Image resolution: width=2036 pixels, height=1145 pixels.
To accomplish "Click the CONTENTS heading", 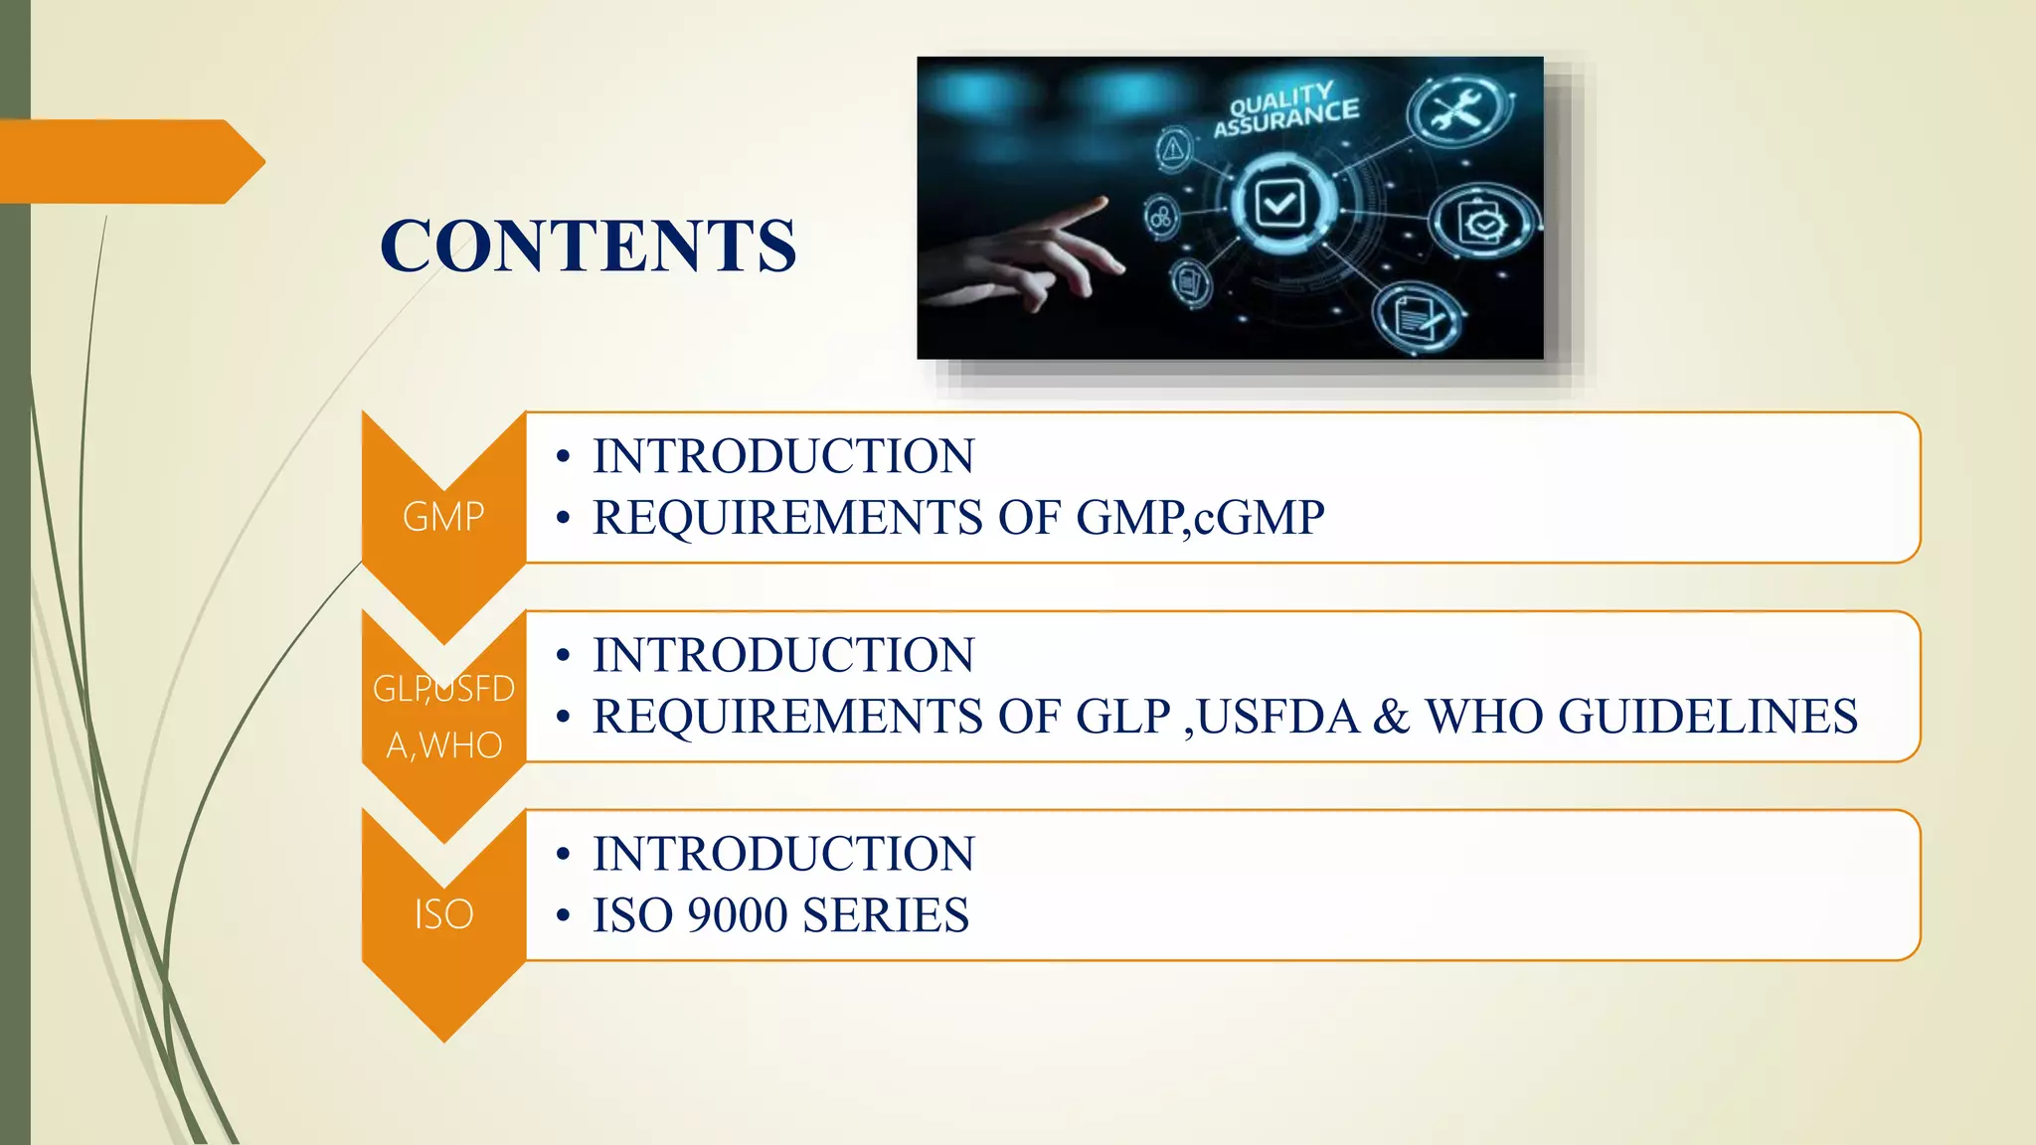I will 588,245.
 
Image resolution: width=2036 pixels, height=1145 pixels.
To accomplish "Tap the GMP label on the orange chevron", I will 443,517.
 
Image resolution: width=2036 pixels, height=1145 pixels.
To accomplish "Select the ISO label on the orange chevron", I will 443,914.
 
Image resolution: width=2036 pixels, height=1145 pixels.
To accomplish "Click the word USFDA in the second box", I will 1277,717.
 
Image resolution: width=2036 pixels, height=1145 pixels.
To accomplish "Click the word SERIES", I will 885,915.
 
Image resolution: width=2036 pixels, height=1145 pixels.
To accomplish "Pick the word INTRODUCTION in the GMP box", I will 783,456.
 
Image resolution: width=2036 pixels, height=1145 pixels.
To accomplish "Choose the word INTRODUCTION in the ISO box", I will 783,854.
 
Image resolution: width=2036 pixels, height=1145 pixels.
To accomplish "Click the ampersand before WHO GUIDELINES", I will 1391,717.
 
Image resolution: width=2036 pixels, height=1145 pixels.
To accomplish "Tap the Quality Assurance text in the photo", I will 1284,110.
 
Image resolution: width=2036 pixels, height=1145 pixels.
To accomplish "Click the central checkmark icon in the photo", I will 1280,205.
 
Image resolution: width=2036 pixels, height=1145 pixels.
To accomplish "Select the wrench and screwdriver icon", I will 1457,110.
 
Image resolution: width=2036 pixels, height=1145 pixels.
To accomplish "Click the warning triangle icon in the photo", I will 1174,150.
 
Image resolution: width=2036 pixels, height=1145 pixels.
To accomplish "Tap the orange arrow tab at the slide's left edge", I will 129,161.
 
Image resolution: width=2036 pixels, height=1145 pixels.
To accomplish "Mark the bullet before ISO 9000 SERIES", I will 564,915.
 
